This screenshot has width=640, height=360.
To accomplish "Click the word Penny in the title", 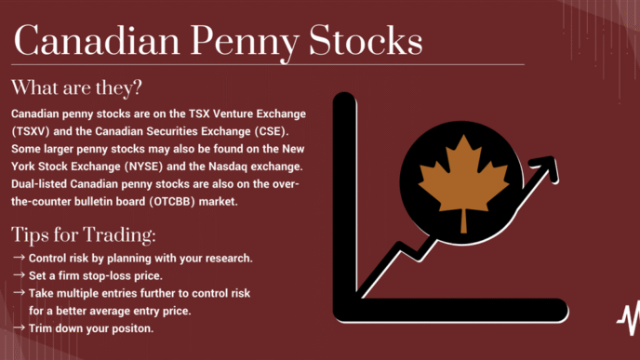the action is [x=245, y=43].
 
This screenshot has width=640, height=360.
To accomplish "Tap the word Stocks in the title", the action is [x=366, y=40].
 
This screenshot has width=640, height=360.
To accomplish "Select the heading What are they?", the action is [x=76, y=87].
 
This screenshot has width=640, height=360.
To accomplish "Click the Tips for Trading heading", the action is [x=84, y=234].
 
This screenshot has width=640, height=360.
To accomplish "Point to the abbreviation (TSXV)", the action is [x=31, y=131].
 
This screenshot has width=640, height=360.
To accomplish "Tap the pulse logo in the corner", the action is [x=629, y=318].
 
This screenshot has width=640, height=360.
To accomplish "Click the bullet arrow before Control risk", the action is [x=19, y=258].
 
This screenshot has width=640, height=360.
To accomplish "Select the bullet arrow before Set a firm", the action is [x=19, y=275].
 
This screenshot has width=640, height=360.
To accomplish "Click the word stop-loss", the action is [x=107, y=276].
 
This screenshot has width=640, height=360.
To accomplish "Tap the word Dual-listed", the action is [x=39, y=184].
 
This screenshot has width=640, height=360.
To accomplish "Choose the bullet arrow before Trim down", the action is [x=19, y=327].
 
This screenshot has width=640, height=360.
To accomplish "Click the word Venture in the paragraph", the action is [x=233, y=113].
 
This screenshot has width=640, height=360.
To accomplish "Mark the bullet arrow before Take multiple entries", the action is [x=19, y=293].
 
